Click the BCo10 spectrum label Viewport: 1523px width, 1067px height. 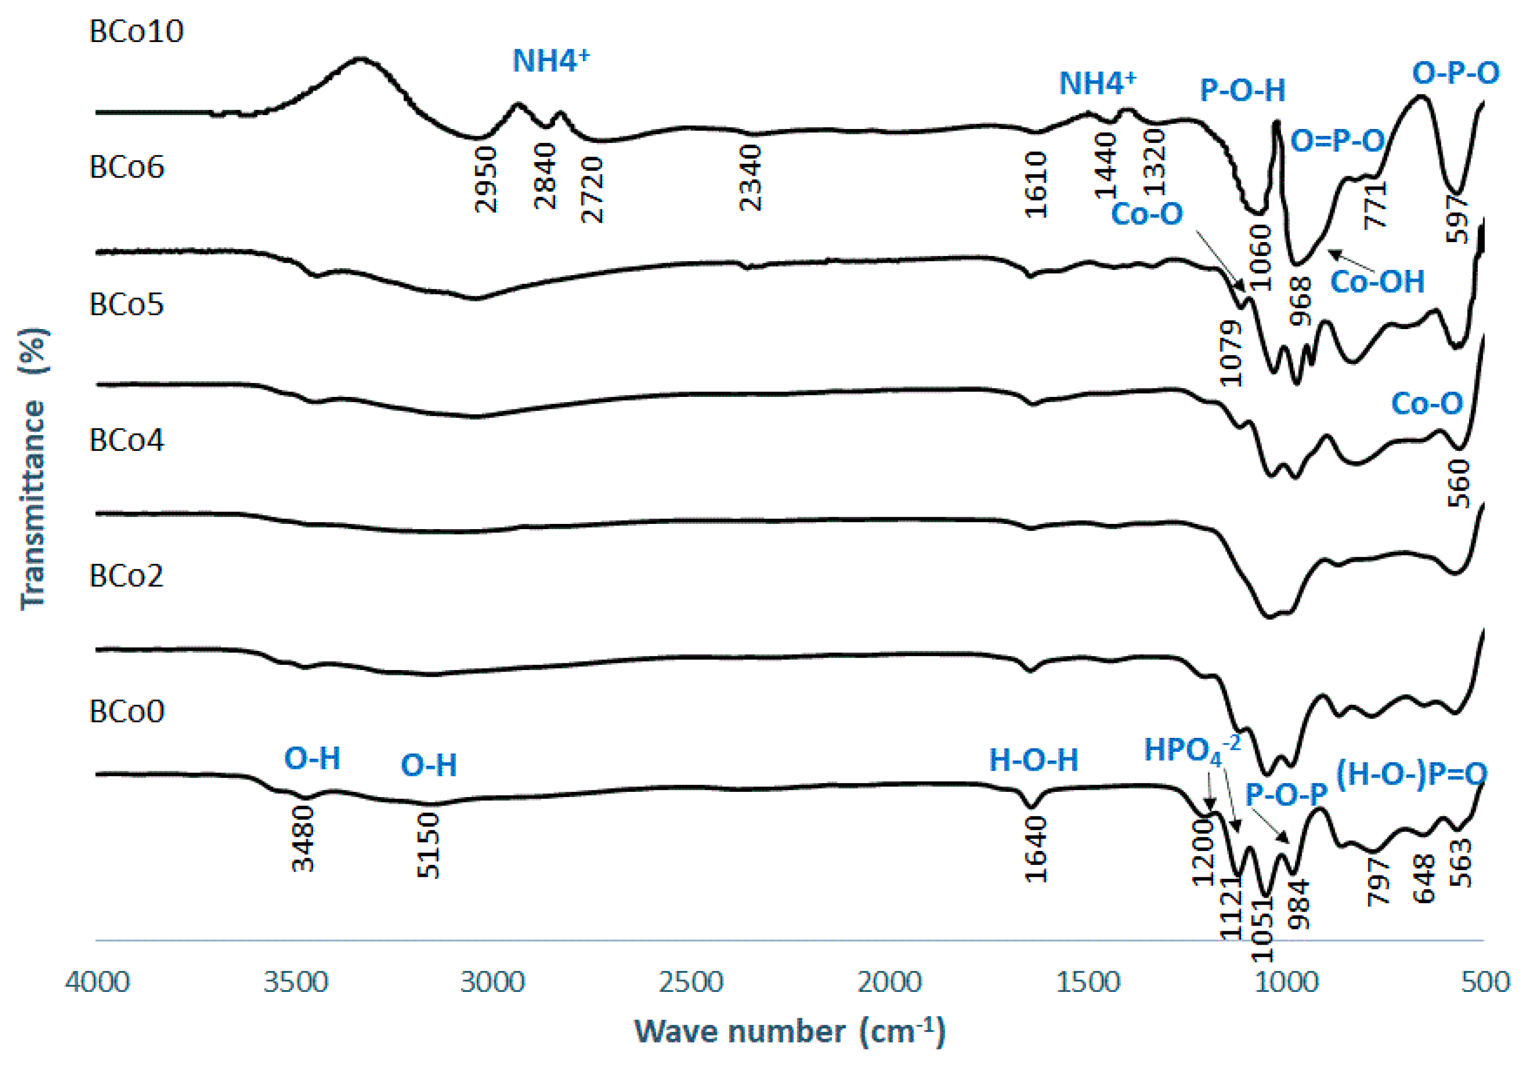point(136,31)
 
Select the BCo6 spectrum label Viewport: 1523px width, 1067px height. point(126,167)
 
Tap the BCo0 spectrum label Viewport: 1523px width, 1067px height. point(126,712)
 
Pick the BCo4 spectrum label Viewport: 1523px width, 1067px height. point(126,440)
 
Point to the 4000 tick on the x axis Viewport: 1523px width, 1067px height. point(97,981)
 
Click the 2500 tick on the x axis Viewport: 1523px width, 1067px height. point(691,981)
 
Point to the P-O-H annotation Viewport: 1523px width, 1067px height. point(1243,90)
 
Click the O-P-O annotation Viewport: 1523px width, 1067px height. point(1455,73)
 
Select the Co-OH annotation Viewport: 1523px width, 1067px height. point(1377,282)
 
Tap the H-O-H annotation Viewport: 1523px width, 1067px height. point(1033,760)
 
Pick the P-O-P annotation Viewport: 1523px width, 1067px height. point(1286,794)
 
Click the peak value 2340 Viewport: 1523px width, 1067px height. point(751,178)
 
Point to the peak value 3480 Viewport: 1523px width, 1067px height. point(304,838)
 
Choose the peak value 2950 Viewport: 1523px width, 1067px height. point(486,179)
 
